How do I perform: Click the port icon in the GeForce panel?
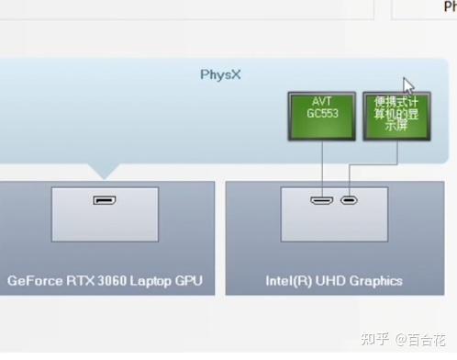[104, 199]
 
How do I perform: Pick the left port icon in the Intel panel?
[321, 200]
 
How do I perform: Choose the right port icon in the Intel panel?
[349, 200]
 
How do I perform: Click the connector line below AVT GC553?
[322, 165]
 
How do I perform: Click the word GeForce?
[36, 280]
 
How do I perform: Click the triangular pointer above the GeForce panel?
[104, 171]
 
